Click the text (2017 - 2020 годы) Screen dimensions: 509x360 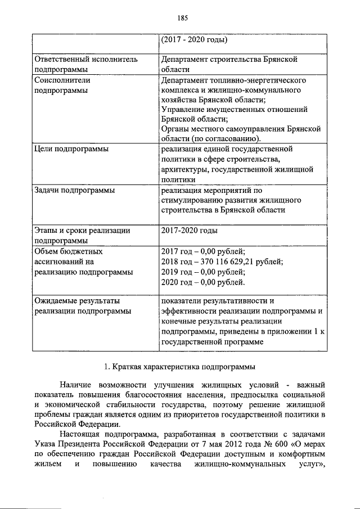(193, 40)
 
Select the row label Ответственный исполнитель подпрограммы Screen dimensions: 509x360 (86, 65)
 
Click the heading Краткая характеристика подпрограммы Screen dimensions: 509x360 (180, 367)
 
